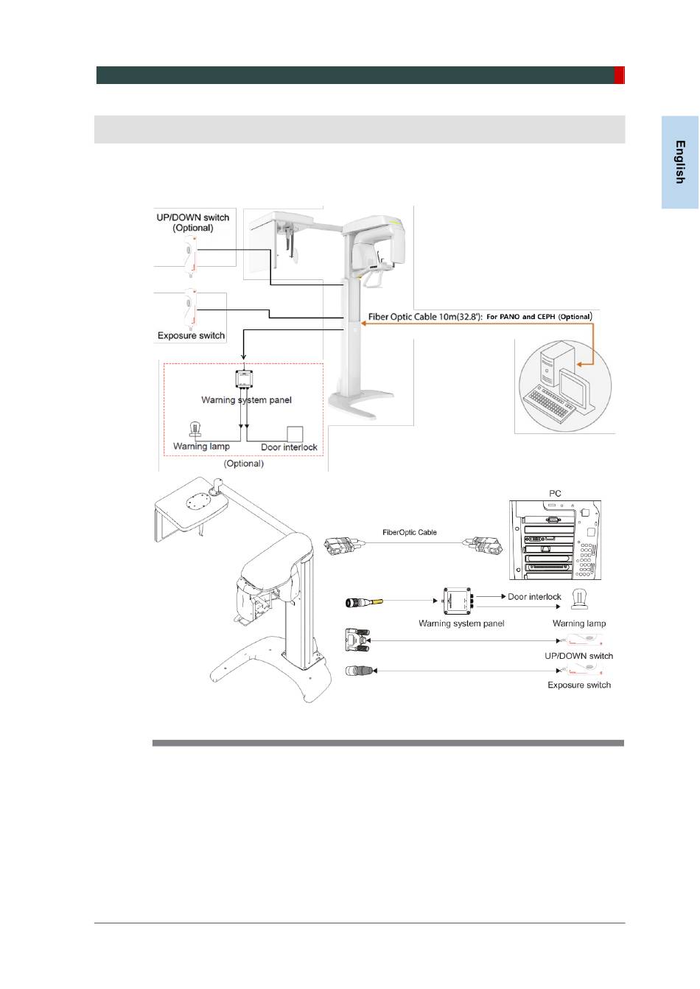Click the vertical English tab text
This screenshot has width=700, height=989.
click(680, 162)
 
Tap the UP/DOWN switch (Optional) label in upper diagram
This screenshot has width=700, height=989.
click(193, 223)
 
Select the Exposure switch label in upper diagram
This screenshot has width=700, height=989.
click(191, 336)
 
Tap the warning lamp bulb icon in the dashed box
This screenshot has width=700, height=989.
click(196, 430)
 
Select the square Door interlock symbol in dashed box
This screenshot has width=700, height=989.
click(295, 434)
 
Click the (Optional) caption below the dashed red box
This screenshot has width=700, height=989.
click(244, 464)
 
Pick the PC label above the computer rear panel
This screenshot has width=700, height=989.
click(555, 493)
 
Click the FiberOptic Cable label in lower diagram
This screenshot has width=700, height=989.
click(410, 532)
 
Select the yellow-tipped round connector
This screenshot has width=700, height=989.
click(363, 603)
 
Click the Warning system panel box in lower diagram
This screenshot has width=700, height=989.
click(457, 601)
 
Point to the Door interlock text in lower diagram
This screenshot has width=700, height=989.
click(534, 596)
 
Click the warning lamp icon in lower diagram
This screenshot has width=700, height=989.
click(579, 600)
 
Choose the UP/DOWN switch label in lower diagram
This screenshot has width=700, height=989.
click(579, 656)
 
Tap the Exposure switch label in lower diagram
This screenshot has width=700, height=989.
click(579, 685)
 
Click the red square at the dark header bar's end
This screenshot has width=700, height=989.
click(620, 75)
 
